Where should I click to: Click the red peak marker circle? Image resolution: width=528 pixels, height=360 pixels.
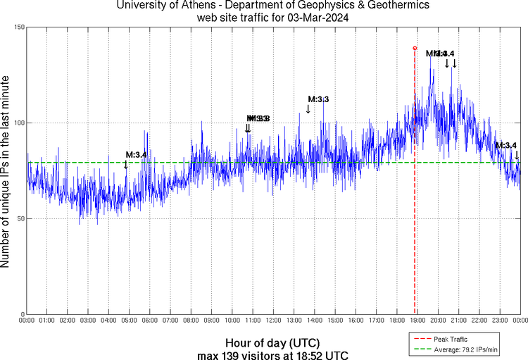coord(415,48)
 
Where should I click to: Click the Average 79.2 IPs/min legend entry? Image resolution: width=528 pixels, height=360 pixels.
coord(460,348)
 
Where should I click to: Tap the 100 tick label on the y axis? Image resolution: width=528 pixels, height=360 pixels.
coord(19,123)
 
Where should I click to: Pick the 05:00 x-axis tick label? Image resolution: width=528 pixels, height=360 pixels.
coord(130,321)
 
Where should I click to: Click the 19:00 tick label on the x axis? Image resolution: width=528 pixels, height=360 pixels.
coord(417,321)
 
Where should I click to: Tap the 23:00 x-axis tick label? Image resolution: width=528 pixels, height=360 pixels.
coord(500,321)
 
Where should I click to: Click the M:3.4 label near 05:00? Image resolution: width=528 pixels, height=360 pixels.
coord(136,154)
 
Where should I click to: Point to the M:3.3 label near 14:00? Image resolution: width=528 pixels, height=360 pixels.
coord(318,99)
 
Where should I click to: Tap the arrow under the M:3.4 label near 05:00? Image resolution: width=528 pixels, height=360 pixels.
coord(126,165)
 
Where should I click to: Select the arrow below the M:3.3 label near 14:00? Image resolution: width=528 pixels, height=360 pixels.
coord(308,109)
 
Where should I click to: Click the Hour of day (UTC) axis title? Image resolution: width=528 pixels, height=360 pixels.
coord(270,342)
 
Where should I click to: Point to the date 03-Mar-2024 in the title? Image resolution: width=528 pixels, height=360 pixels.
coord(318,17)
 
